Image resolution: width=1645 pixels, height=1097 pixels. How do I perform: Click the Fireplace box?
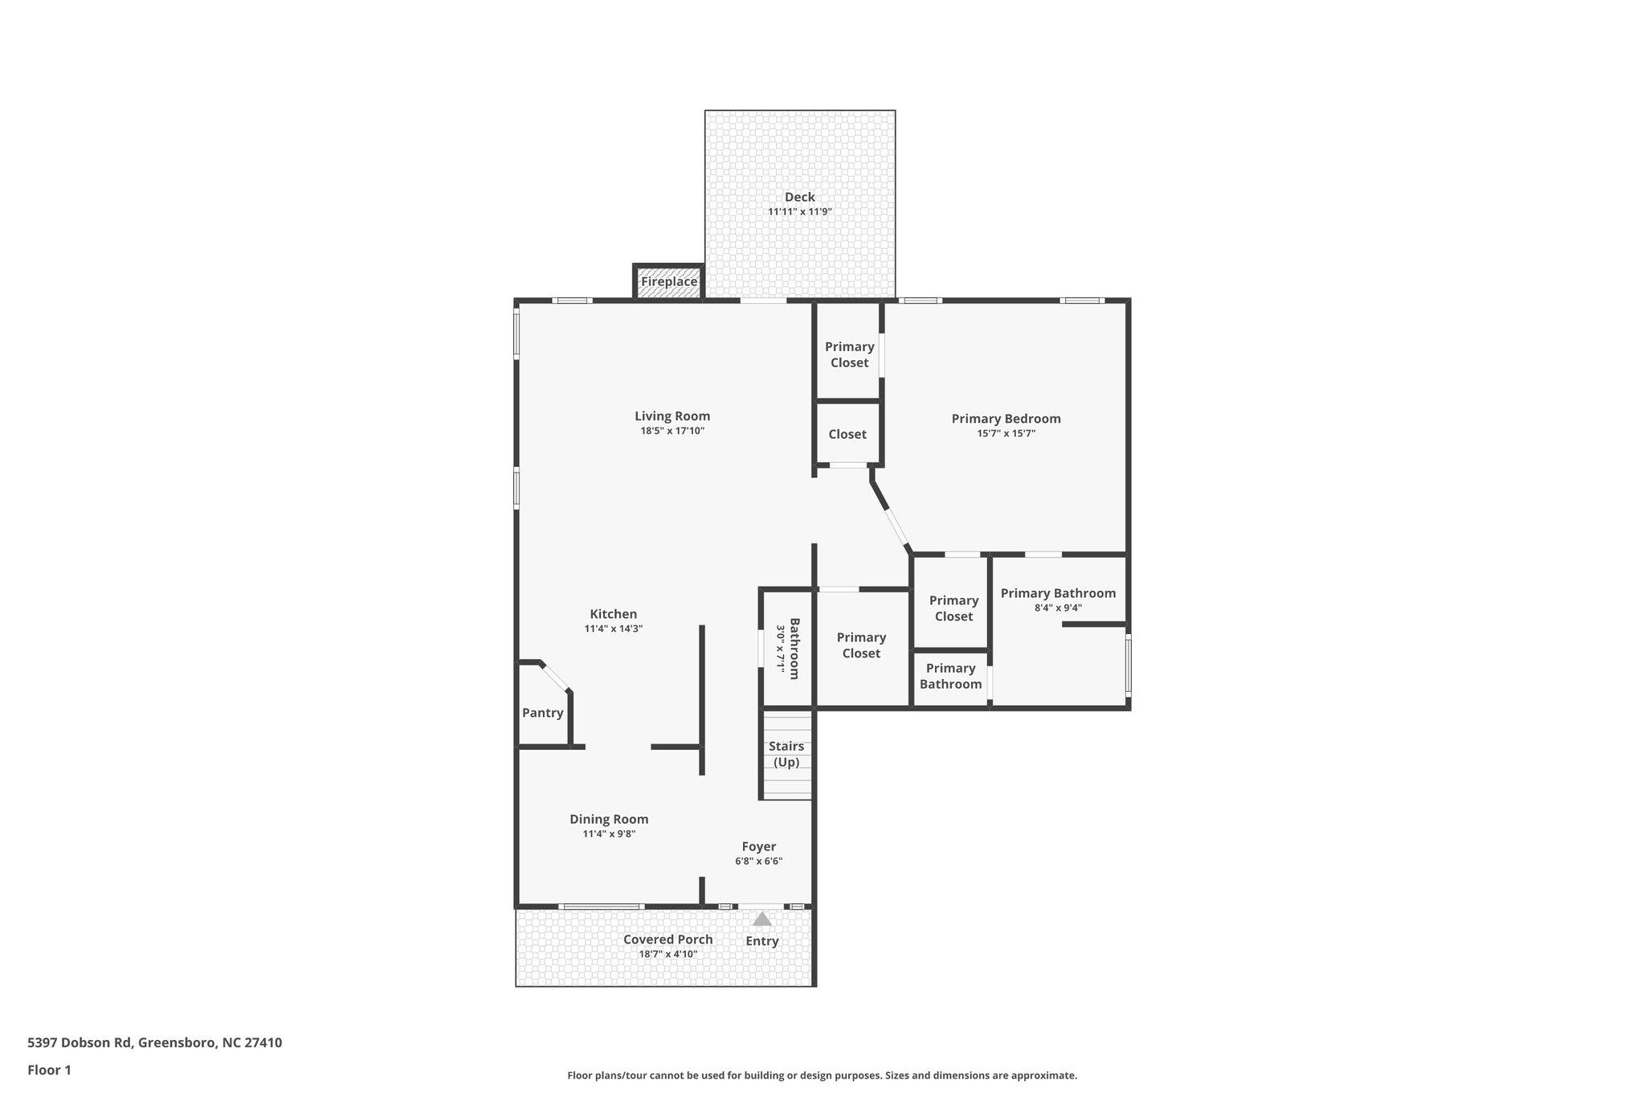click(x=668, y=282)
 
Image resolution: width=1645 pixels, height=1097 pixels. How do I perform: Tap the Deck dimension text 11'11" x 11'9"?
click(x=799, y=212)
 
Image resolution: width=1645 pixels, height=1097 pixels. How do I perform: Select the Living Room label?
click(x=672, y=416)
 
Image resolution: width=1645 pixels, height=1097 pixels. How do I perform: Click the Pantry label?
click(x=543, y=713)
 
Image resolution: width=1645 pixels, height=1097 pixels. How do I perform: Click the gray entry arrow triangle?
click(x=762, y=919)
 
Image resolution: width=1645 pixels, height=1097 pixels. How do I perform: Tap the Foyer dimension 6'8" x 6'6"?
click(x=758, y=862)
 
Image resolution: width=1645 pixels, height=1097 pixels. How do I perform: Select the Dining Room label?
click(x=609, y=820)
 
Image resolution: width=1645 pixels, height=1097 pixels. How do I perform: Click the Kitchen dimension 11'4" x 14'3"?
click(x=613, y=629)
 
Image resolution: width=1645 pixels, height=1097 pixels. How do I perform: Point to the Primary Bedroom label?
click(x=1006, y=419)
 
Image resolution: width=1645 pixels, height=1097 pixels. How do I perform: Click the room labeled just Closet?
click(x=847, y=434)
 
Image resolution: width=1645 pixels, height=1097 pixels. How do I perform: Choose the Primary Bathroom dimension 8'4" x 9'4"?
click(x=1058, y=608)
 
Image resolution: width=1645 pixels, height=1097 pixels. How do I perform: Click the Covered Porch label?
click(x=667, y=939)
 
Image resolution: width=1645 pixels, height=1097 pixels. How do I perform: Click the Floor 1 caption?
click(x=49, y=1070)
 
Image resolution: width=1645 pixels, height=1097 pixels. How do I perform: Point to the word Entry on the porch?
click(x=762, y=942)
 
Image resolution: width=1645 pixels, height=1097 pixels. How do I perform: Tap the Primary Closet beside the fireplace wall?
click(x=849, y=354)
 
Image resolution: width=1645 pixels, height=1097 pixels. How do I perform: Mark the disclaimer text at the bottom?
click(x=822, y=1075)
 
